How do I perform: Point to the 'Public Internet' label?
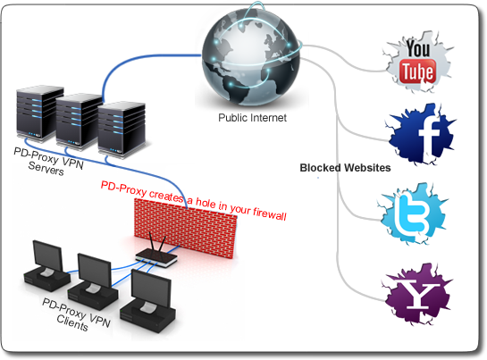[x=249, y=118]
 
